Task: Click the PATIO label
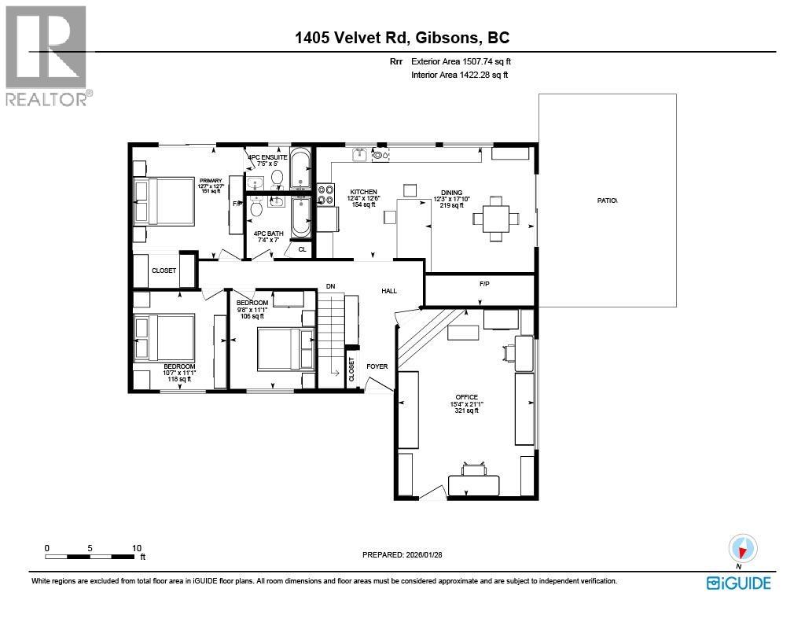click(x=607, y=201)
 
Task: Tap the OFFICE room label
click(x=467, y=397)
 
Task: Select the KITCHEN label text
click(x=363, y=192)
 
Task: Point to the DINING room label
click(x=452, y=193)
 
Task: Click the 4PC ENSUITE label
click(x=267, y=157)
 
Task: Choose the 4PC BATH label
click(x=269, y=234)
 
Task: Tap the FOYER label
click(x=377, y=366)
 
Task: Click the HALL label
click(x=389, y=291)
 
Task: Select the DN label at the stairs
click(x=331, y=286)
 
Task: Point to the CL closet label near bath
click(x=303, y=249)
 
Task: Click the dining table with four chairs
click(x=496, y=219)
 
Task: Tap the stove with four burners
click(x=326, y=194)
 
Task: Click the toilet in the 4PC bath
click(x=257, y=208)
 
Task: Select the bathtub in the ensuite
click(x=300, y=169)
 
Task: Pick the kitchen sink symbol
click(x=358, y=153)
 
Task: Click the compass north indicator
click(x=742, y=549)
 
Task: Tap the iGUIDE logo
click(x=739, y=583)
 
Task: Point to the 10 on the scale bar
click(x=137, y=548)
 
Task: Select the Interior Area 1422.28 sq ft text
click(x=459, y=75)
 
